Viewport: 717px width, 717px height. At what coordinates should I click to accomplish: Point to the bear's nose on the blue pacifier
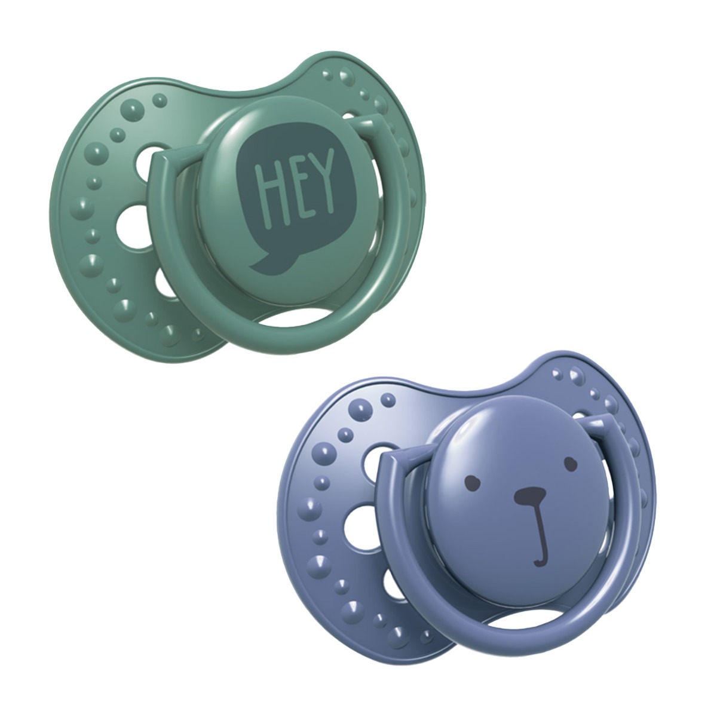point(530,494)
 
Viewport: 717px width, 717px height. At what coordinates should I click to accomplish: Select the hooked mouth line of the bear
point(542,532)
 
